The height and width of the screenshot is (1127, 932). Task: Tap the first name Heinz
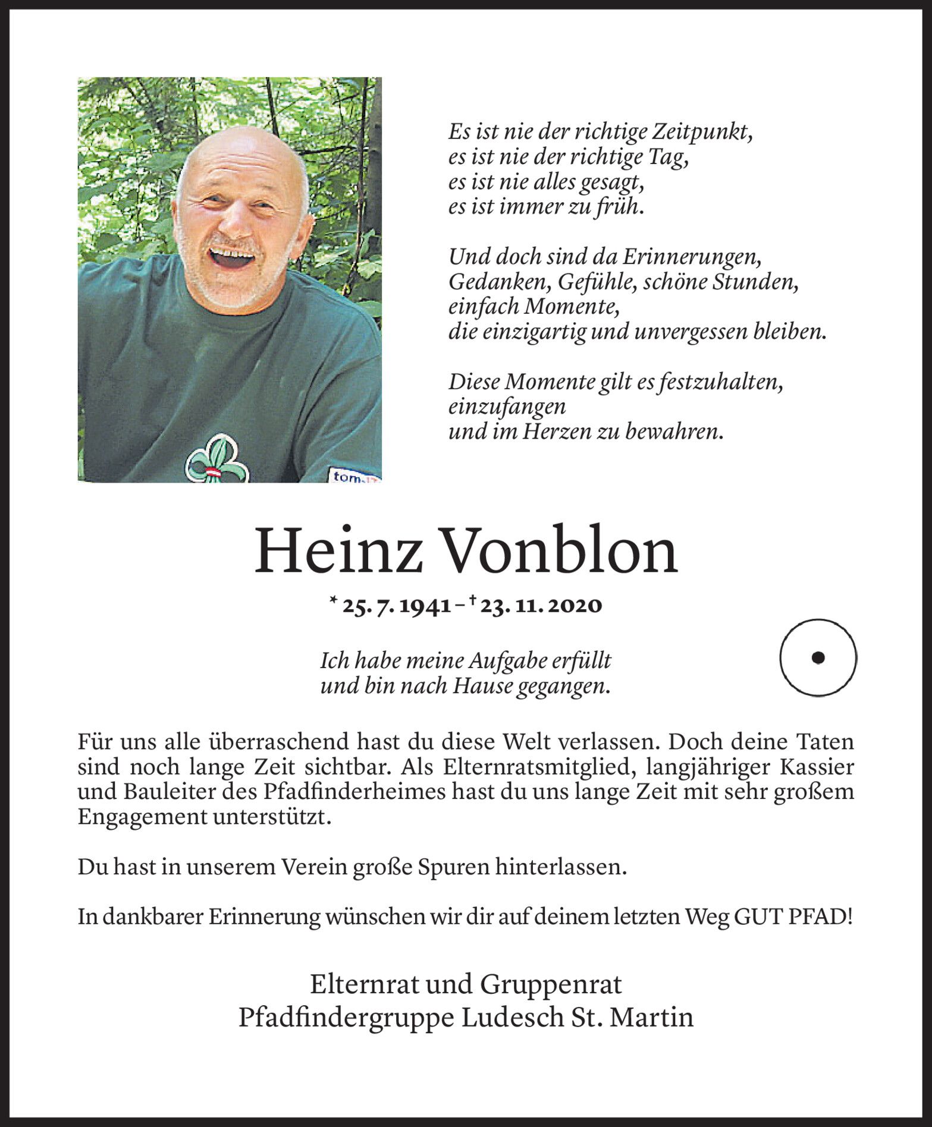(x=338, y=552)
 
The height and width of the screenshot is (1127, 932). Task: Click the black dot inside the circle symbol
(x=818, y=657)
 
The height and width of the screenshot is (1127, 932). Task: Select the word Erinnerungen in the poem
(x=692, y=257)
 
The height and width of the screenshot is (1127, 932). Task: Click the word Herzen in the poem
(x=556, y=432)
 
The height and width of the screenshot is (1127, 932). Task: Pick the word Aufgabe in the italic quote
(x=500, y=660)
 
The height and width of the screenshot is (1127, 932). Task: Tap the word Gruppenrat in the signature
(x=551, y=984)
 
